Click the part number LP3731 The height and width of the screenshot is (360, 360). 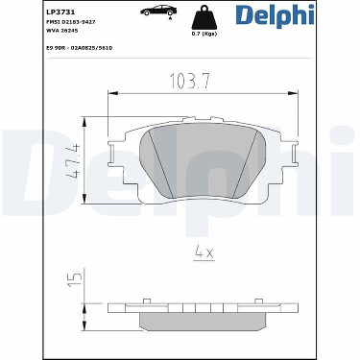(x=57, y=12)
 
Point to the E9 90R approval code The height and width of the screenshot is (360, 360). (x=79, y=48)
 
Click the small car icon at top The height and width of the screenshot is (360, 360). (x=158, y=11)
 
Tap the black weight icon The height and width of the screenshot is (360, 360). (x=204, y=18)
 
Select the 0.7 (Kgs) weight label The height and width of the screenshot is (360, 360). (x=204, y=34)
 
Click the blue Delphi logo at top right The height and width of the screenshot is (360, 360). (x=276, y=15)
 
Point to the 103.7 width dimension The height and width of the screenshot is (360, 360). (x=190, y=81)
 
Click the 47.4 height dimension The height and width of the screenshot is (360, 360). (x=73, y=161)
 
